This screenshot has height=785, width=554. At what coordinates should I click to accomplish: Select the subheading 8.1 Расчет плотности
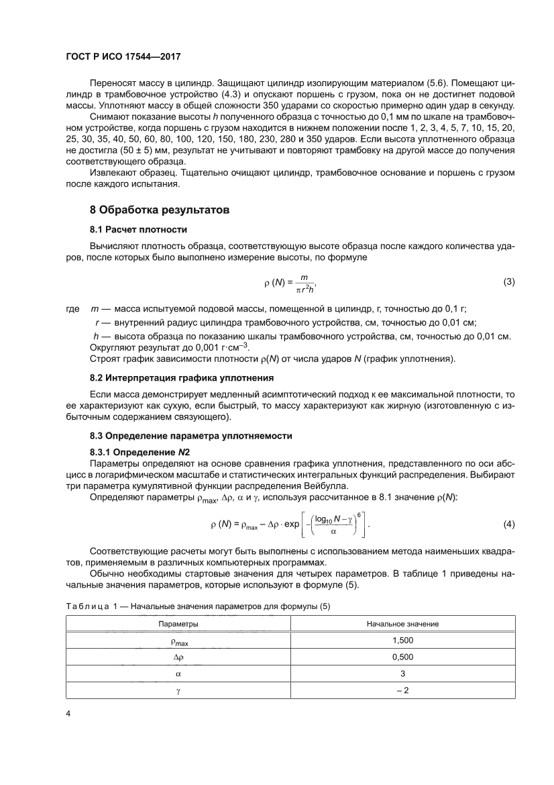(134, 230)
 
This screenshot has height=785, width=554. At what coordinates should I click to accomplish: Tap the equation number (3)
(508, 282)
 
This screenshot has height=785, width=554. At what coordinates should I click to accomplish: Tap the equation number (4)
(508, 523)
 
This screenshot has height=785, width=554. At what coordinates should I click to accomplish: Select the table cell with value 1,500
(402, 641)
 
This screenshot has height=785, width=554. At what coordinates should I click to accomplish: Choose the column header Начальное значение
(402, 624)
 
